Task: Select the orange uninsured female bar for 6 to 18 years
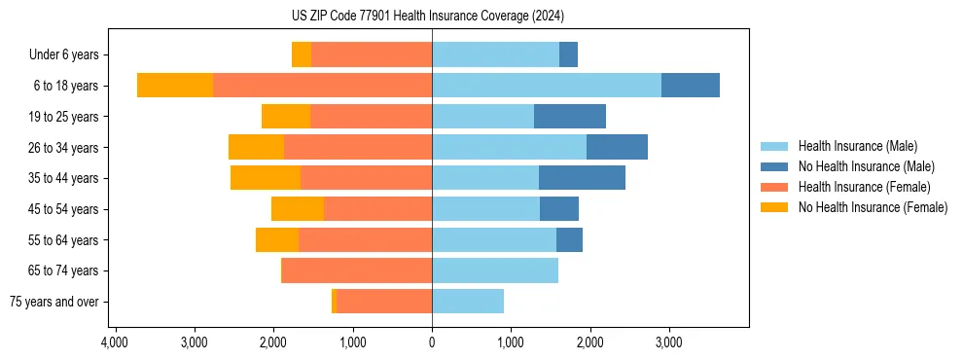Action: pos(175,86)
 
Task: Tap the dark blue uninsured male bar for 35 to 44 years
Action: pos(582,178)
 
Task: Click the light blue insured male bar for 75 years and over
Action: pos(468,302)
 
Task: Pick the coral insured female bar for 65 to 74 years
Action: pos(357,270)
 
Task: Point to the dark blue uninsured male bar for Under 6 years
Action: pos(568,54)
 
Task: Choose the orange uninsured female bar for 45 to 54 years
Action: pos(298,209)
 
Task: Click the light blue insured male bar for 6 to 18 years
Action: pos(547,86)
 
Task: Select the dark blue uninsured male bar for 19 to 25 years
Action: pos(570,117)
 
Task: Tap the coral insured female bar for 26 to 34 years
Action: pos(358,147)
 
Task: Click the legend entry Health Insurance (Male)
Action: pos(857,146)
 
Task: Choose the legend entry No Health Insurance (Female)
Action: pos(872,207)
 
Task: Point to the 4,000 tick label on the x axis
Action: pos(115,342)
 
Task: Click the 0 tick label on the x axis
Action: pos(432,342)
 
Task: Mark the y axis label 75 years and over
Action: pos(55,302)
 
